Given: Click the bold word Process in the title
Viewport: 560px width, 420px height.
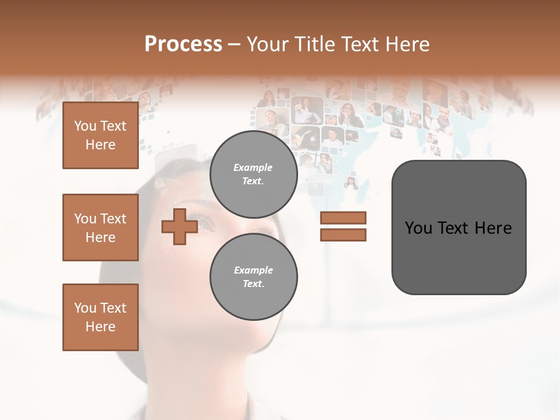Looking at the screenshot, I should tap(183, 44).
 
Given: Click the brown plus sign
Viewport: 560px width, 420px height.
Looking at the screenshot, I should tap(180, 227).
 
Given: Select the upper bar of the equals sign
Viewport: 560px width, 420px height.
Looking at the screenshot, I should tap(343, 218).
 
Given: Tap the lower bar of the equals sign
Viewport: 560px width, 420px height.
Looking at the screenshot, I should tap(343, 235).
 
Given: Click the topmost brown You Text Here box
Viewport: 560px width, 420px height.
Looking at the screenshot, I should tap(100, 135).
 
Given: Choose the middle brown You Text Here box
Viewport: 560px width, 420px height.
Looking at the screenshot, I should tap(100, 228).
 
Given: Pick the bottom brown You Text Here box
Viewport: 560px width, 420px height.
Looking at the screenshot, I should tap(100, 317).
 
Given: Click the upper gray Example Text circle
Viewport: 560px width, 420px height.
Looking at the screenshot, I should tap(253, 174).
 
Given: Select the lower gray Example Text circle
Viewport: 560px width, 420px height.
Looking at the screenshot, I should tap(253, 277).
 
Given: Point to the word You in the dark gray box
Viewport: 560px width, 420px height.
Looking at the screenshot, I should tap(419, 228).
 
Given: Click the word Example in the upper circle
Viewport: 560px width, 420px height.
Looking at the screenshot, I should tap(253, 167).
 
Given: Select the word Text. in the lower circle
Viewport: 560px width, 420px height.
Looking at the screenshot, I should tap(253, 284).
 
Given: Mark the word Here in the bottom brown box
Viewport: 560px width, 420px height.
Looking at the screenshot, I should tap(100, 327).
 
